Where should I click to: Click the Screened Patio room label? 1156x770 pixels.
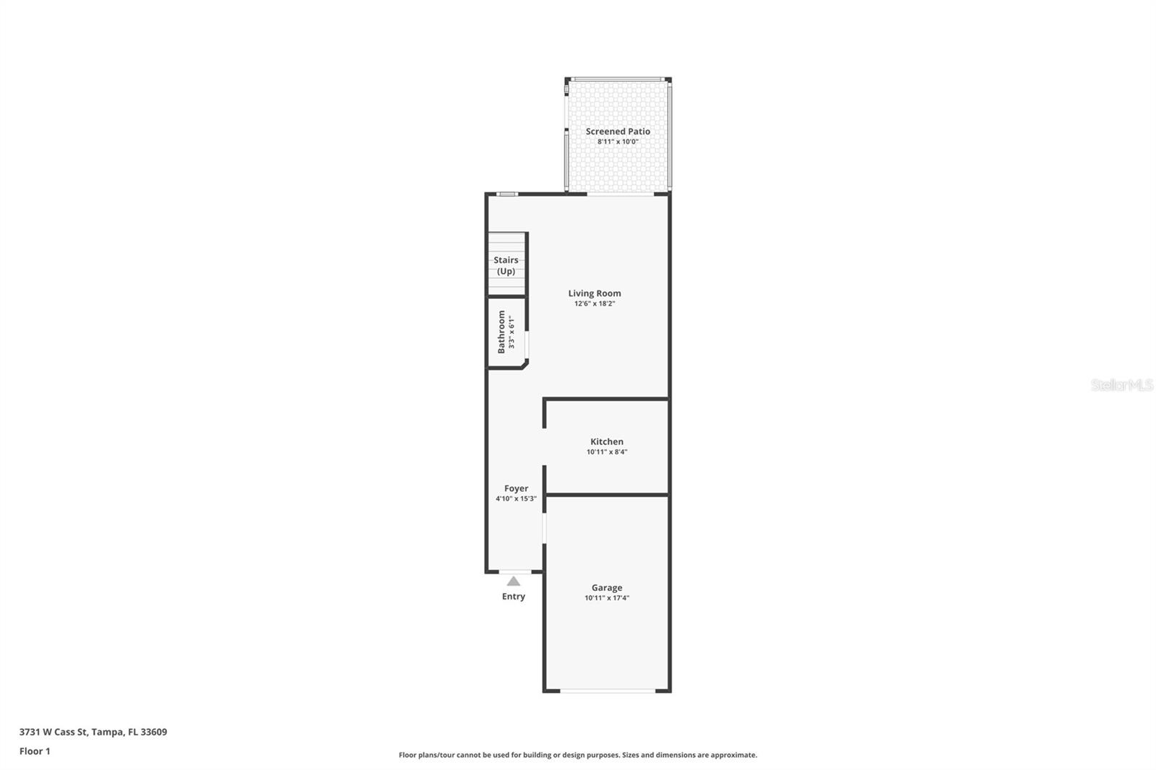point(618,131)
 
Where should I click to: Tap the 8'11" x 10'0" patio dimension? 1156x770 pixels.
point(618,142)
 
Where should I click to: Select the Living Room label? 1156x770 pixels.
point(595,293)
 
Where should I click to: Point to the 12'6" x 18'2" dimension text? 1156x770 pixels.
point(595,303)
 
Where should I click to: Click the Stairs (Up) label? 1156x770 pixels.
point(506,265)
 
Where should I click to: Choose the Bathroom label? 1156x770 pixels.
point(501,332)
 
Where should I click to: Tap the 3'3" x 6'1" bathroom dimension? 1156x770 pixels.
point(512,332)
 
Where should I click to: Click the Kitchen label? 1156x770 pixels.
point(607,441)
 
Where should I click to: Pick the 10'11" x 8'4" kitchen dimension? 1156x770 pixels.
point(607,451)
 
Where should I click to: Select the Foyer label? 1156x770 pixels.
point(516,488)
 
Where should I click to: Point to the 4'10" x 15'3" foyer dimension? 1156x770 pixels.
point(516,498)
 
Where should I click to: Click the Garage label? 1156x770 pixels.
point(607,587)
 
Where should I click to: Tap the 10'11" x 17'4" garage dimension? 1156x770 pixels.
point(607,597)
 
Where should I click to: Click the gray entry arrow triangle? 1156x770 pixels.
point(513,581)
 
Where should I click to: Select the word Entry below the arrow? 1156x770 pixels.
point(514,597)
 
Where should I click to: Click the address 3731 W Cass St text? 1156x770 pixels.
point(53,731)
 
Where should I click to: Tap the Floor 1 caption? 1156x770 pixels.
point(35,751)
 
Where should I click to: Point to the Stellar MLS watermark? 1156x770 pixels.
point(1121,384)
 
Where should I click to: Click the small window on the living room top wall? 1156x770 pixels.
point(507,194)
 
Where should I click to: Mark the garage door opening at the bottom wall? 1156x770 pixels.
point(608,691)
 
